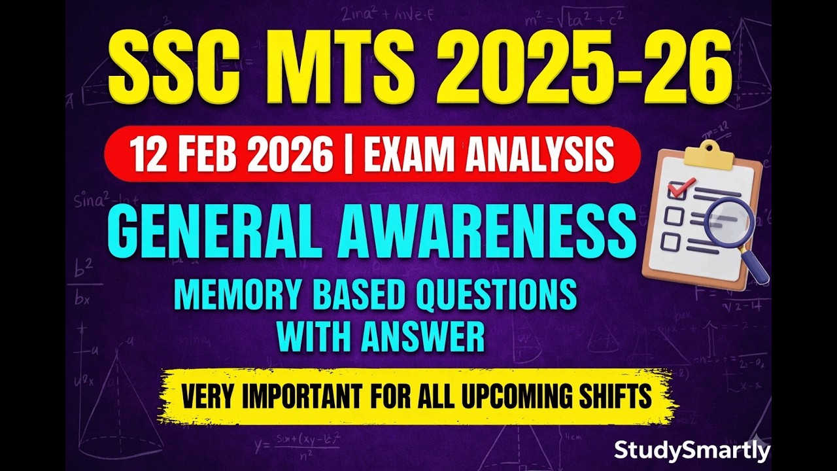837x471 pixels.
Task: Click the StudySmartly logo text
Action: coord(692,451)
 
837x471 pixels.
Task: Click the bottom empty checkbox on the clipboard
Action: coord(670,242)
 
